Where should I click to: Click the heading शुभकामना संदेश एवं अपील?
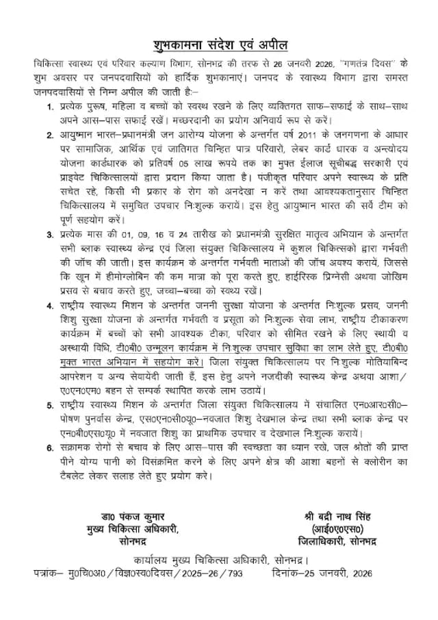pos(220,44)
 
